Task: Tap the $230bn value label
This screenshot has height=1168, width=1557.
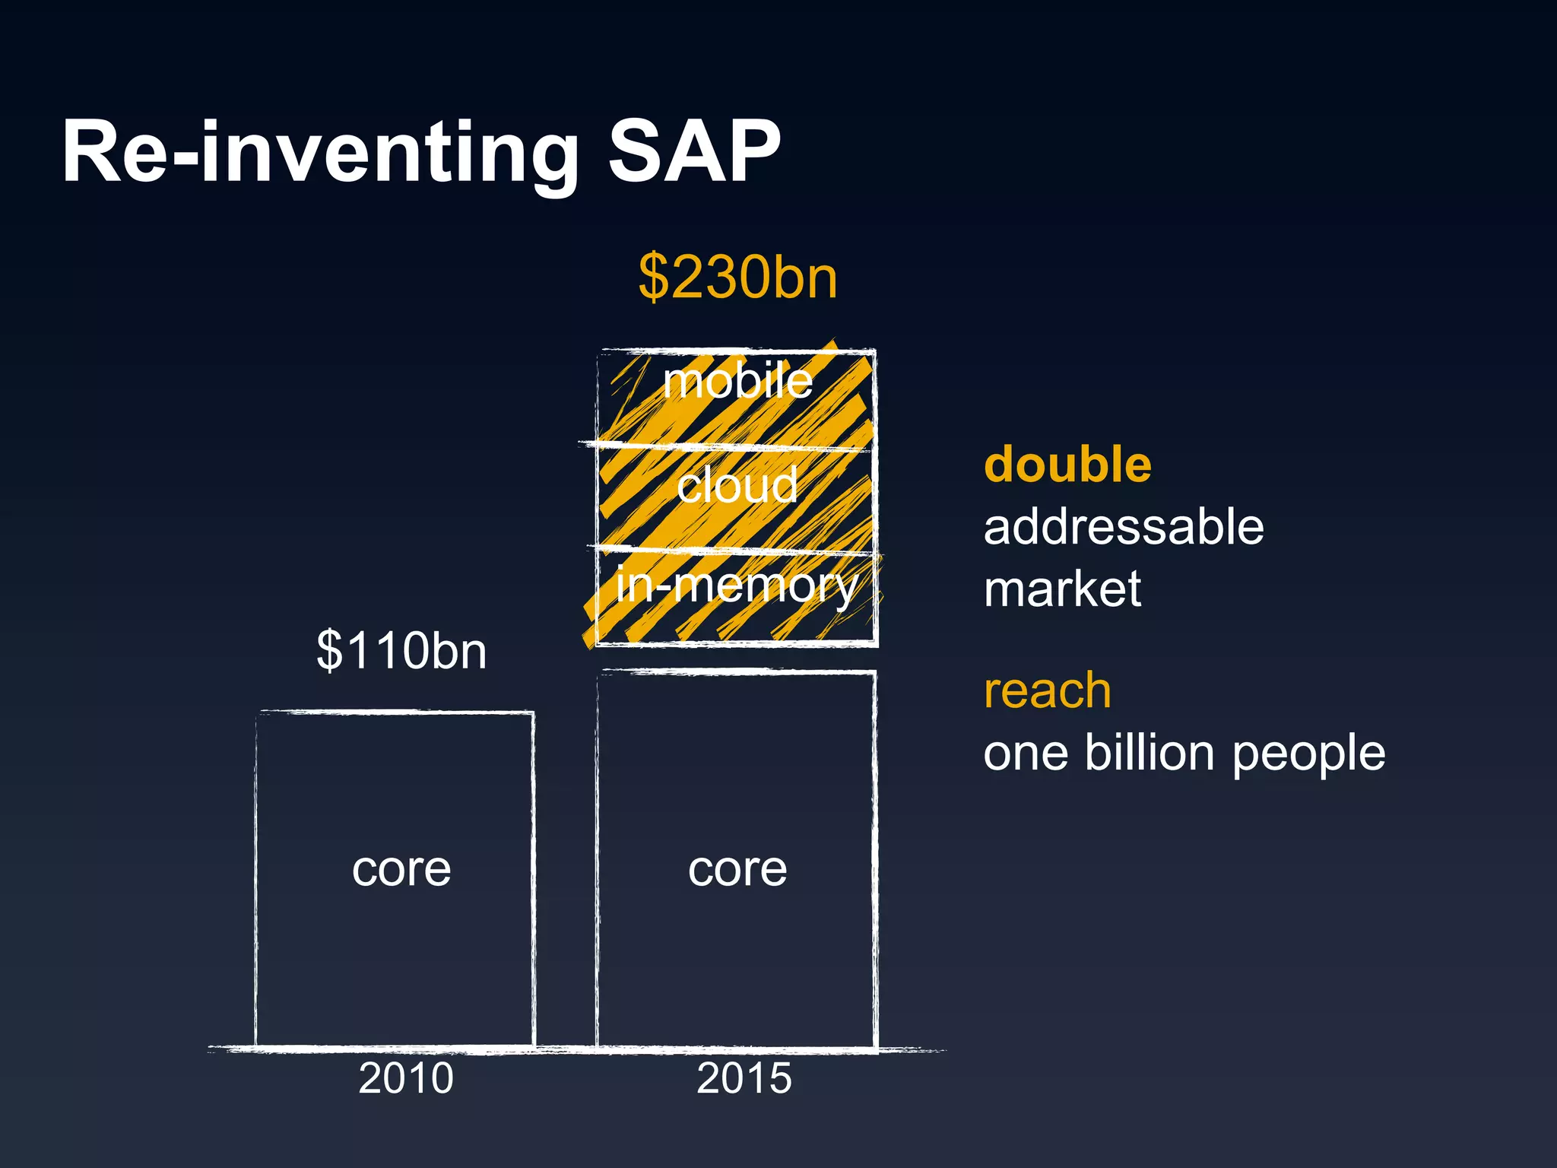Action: point(737,278)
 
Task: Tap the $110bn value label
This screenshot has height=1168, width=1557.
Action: point(401,651)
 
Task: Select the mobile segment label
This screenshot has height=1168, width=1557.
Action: point(737,381)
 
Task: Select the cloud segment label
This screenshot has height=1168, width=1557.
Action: point(737,485)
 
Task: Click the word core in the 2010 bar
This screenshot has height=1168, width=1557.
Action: point(401,869)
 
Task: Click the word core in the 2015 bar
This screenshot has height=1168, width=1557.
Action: point(737,869)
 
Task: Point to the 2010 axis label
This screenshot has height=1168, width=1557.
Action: point(406,1078)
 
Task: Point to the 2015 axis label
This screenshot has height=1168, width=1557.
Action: point(744,1078)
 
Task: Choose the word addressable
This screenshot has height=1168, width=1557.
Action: point(1123,526)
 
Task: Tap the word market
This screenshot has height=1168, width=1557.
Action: point(1062,589)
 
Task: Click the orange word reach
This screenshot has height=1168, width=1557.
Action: point(1047,691)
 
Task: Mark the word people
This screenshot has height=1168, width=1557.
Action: point(1308,755)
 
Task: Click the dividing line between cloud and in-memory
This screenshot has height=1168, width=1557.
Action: point(730,550)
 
